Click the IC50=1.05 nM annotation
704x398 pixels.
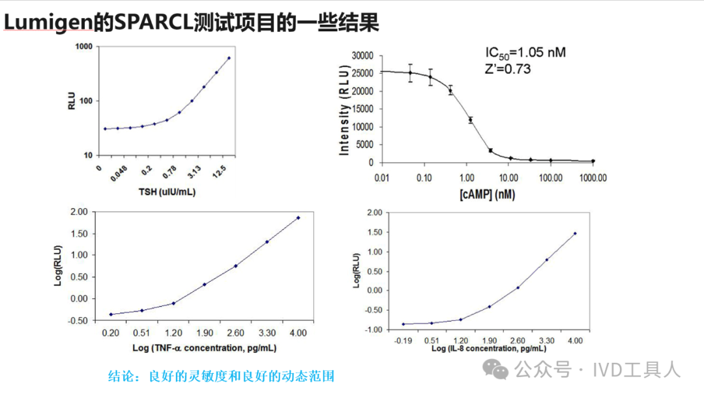pyautogui.click(x=525, y=52)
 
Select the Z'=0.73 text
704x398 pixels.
pyautogui.click(x=508, y=69)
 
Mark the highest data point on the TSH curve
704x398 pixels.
pyautogui.click(x=229, y=58)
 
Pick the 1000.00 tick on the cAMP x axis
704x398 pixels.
pyautogui.click(x=593, y=177)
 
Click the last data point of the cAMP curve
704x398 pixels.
pyautogui.click(x=593, y=161)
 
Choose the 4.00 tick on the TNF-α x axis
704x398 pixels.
pyautogui.click(x=298, y=333)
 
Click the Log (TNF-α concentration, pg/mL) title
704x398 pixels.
pyautogui.click(x=205, y=348)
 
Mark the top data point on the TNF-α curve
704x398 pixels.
pyautogui.click(x=298, y=218)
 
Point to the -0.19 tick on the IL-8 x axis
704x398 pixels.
pyautogui.click(x=404, y=341)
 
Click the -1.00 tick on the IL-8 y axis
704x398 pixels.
pyautogui.click(x=372, y=330)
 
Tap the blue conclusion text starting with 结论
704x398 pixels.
pyautogui.click(x=221, y=377)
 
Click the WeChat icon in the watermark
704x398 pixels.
pyautogui.click(x=500, y=371)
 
